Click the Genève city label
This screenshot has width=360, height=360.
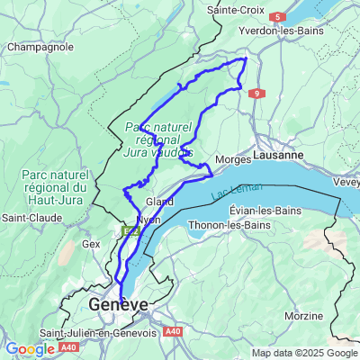click(x=118, y=305)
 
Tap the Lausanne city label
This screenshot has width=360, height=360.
click(x=277, y=156)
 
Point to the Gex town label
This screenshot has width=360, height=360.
click(x=90, y=243)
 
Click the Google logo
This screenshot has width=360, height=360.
click(x=31, y=348)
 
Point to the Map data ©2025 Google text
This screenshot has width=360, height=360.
click(x=304, y=352)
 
